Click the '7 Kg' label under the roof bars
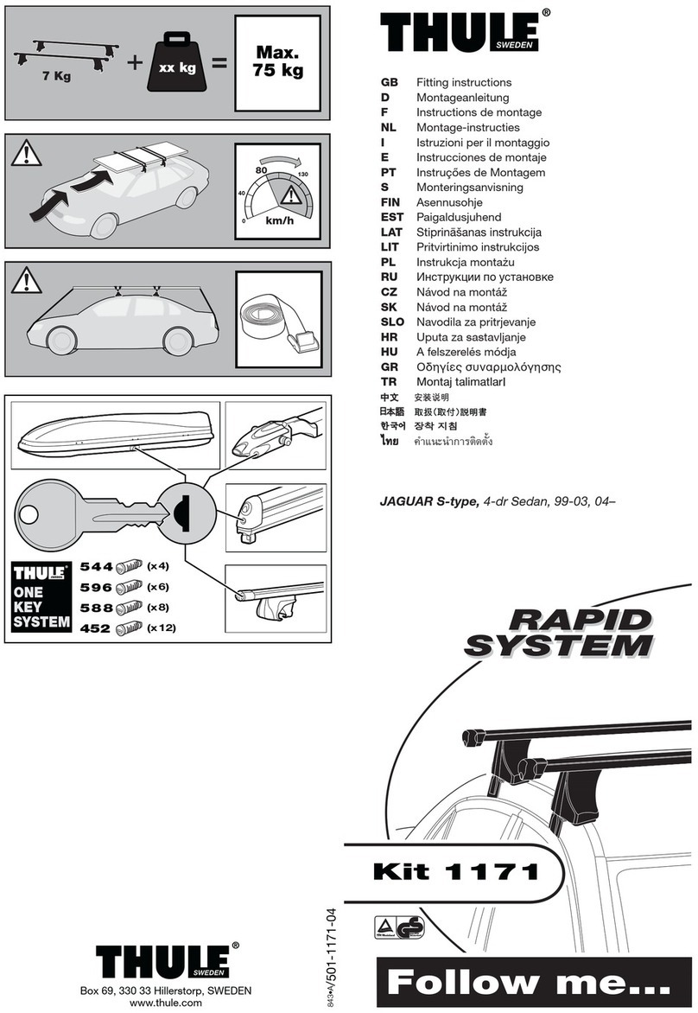tap(55, 75)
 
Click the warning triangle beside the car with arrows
tap(28, 156)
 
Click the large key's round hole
tap(29, 516)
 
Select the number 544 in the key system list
tap(95, 567)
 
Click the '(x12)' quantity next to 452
tap(161, 628)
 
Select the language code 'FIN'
tap(391, 202)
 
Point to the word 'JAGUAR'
tap(409, 500)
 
